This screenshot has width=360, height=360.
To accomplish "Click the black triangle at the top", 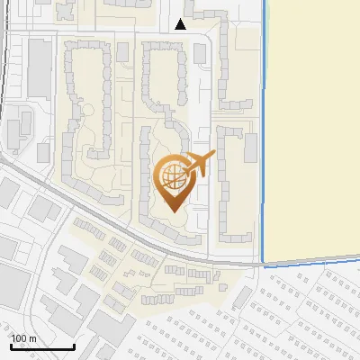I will (x=181, y=24).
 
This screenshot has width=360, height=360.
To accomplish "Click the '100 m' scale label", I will (x=23, y=338).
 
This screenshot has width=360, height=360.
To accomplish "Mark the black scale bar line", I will (x=41, y=347).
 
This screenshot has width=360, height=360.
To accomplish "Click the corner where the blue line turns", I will (x=263, y=264).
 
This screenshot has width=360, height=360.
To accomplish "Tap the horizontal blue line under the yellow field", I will (x=310, y=262).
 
